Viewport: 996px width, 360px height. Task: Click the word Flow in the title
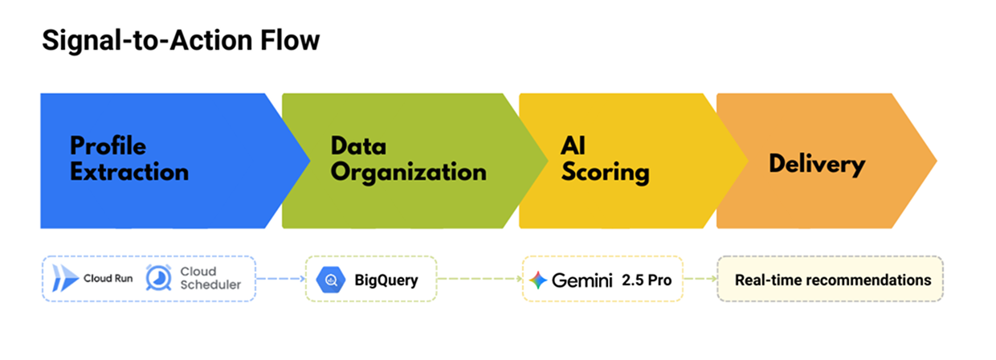point(293,41)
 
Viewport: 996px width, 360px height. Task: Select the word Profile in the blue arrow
point(108,146)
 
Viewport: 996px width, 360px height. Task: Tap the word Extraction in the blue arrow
point(129,171)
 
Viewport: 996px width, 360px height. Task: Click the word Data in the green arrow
point(358,146)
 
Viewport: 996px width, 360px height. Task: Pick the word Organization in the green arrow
point(408,172)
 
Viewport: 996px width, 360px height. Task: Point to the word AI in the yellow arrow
point(573,146)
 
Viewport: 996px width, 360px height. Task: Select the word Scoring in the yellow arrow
point(605,172)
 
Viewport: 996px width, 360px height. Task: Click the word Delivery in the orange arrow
point(817,165)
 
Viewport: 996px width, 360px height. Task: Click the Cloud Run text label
point(108,280)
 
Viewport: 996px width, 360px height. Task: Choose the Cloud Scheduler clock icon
point(159,278)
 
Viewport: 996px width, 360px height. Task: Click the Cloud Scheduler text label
point(210,278)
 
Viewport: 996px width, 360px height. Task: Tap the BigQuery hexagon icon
point(331,280)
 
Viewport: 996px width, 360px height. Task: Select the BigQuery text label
point(386,280)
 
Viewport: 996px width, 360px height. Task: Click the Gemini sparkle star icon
point(538,280)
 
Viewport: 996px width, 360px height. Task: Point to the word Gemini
point(580,280)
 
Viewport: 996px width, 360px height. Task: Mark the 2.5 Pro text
point(646,280)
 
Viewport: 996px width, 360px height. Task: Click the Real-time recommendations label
point(832,280)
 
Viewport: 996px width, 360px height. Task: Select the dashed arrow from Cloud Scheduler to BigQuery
point(280,279)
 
